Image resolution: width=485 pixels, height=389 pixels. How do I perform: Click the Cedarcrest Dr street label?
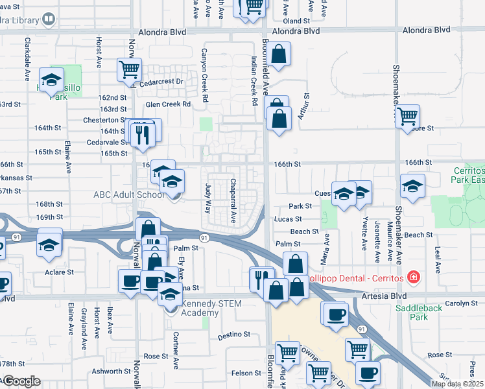pyautogui.click(x=161, y=82)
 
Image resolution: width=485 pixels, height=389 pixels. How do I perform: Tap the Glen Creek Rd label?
pyautogui.click(x=168, y=104)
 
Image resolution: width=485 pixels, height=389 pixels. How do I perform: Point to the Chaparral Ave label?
pyautogui.click(x=233, y=202)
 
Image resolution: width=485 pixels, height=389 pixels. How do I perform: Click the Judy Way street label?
pyautogui.click(x=208, y=199)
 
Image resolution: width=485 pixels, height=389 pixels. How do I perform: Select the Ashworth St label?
pyautogui.click(x=111, y=371)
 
